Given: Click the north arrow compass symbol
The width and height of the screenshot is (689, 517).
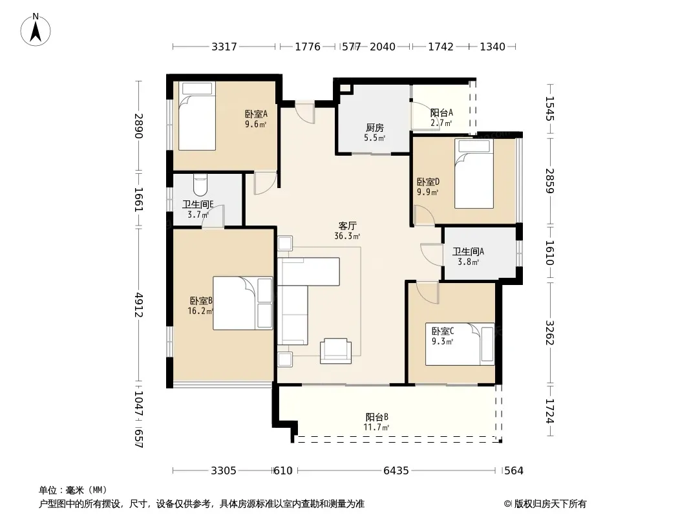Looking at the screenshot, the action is [x=36, y=30].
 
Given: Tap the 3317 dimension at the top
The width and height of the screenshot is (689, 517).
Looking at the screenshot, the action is [x=224, y=47].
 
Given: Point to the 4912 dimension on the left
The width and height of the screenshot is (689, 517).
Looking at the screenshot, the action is [x=138, y=305].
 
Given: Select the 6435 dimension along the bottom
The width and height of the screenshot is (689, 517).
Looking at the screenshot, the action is [x=396, y=471].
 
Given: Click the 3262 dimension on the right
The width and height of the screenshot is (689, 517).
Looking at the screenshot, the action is [x=549, y=333].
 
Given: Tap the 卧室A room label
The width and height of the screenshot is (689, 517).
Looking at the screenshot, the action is [x=256, y=114].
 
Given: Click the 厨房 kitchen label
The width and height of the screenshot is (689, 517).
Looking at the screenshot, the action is [x=375, y=128].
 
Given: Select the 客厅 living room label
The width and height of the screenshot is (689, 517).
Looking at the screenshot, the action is [x=347, y=226].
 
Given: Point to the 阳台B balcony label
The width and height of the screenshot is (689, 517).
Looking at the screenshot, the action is [x=377, y=417].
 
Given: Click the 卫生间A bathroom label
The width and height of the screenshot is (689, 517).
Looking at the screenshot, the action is [x=468, y=251].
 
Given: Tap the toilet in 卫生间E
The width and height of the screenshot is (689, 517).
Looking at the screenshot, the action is [x=200, y=185].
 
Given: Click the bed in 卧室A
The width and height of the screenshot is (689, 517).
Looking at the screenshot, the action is [x=197, y=116].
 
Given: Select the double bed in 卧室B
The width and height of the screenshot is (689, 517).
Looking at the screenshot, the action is [x=243, y=303].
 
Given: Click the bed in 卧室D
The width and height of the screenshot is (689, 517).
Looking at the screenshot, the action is [x=474, y=173].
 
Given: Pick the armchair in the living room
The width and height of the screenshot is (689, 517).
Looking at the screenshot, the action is [x=335, y=351].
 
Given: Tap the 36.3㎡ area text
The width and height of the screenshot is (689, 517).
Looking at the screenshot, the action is [x=347, y=237].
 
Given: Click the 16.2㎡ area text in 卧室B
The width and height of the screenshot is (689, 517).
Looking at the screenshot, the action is [x=200, y=311].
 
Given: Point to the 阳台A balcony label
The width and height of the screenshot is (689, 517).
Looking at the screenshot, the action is [x=441, y=113].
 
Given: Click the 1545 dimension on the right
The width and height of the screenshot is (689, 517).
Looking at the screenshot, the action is [x=549, y=109].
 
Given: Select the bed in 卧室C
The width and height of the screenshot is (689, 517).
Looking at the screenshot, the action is [x=460, y=344].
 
